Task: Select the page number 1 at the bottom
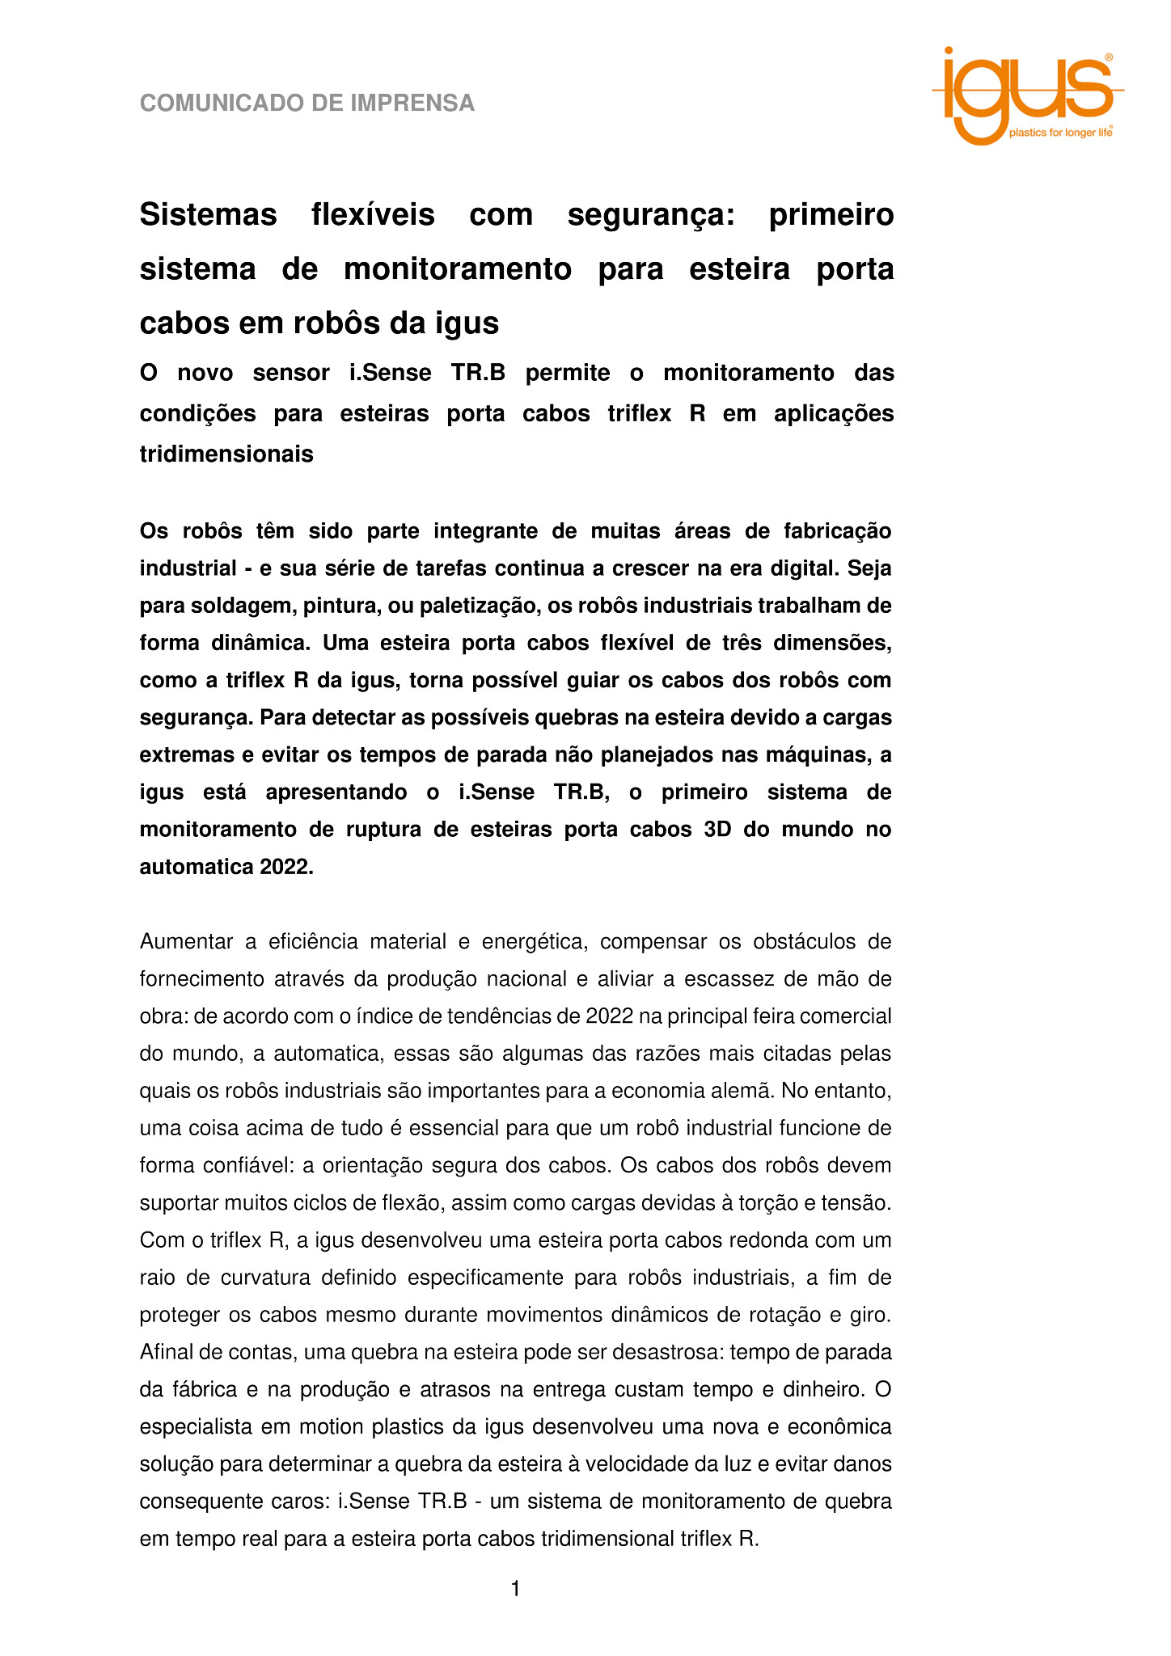pyautogui.click(x=515, y=1590)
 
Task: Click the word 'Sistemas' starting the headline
pyautogui.click(x=208, y=215)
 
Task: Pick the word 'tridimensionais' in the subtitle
pyautogui.click(x=226, y=454)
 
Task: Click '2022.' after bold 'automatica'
pyautogui.click(x=286, y=867)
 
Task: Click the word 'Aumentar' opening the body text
pyautogui.click(x=188, y=942)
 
